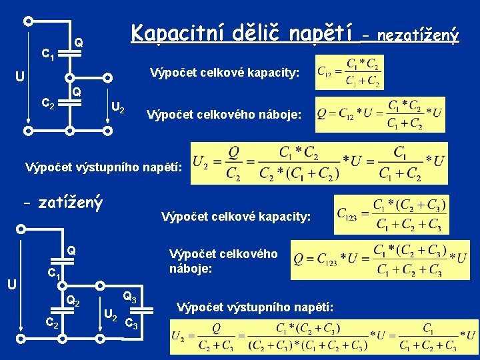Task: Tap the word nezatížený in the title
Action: pos(419,33)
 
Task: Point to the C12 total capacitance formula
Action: pos(349,73)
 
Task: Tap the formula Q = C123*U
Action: pos(380,260)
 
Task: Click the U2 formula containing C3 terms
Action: pos(324,337)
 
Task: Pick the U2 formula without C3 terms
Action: pos(319,163)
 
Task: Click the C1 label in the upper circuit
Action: pos(48,53)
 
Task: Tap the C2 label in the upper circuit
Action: pos(48,103)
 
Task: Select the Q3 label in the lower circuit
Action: pos(130,297)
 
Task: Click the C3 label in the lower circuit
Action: pos(131,325)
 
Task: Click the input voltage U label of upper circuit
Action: pos(21,76)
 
